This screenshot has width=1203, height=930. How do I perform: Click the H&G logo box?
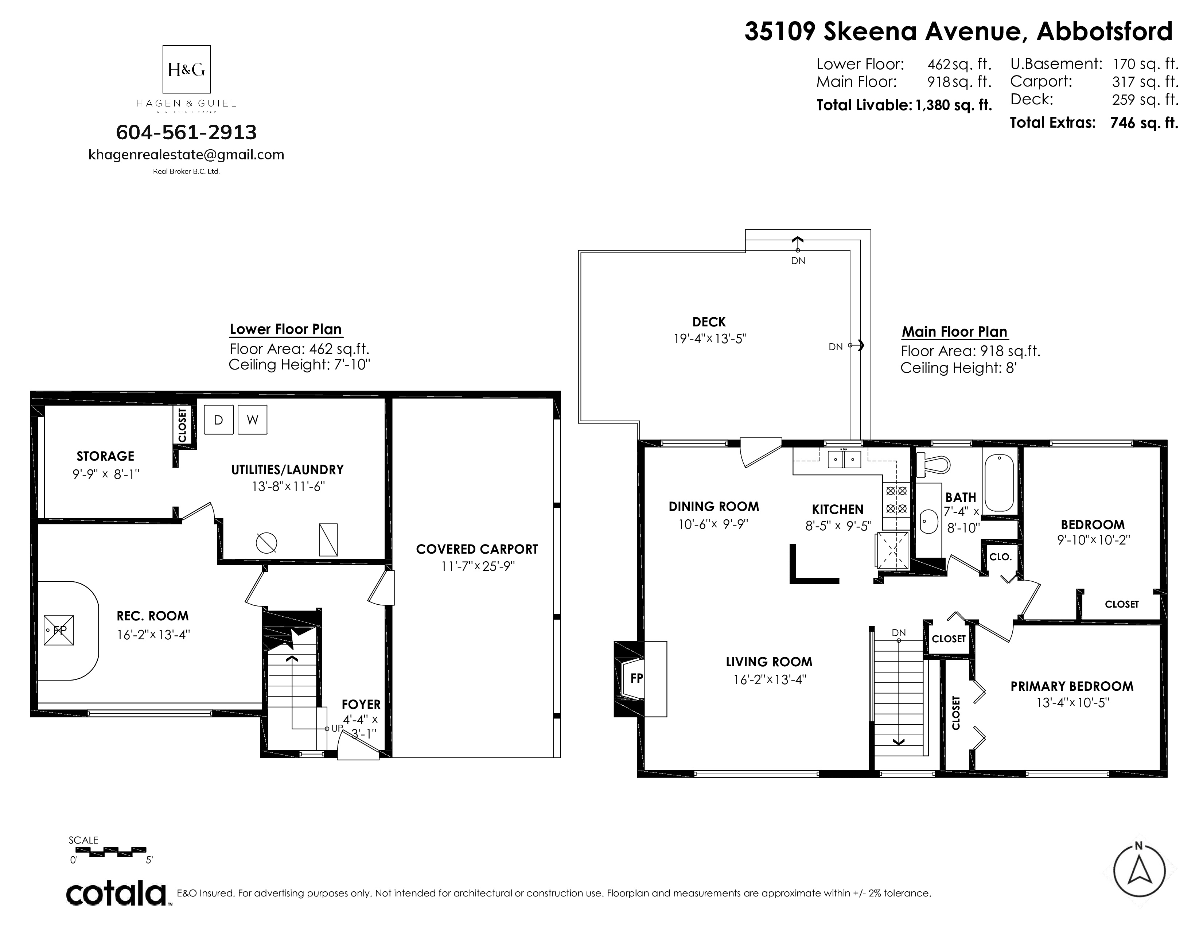186,69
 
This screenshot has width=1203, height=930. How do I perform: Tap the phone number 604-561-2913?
186,132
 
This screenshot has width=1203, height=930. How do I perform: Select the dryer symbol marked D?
219,420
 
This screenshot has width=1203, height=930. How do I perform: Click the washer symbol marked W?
252,420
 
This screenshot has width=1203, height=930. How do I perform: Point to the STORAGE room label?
105,456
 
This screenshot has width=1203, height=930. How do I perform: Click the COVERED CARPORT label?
477,549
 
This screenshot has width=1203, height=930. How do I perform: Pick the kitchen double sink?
844,459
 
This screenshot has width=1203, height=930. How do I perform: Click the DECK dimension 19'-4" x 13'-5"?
709,338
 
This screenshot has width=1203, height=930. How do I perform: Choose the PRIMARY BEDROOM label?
1072,686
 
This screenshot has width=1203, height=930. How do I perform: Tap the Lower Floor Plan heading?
285,329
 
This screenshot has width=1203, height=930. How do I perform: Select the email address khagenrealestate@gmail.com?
186,155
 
